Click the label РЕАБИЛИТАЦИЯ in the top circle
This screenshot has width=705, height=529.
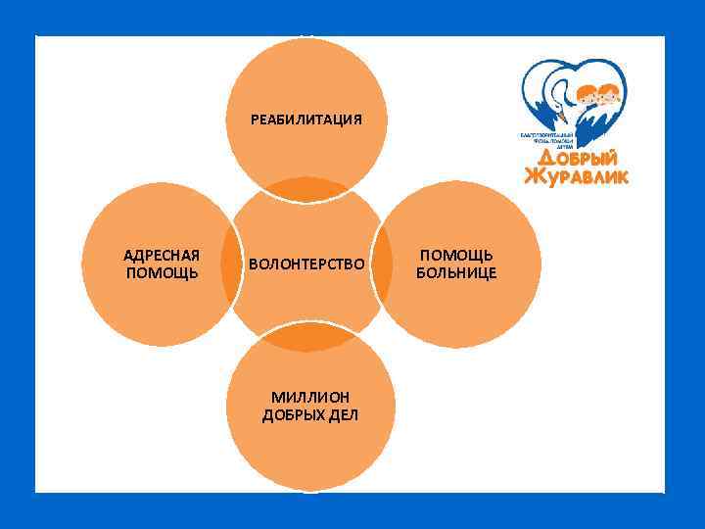306,120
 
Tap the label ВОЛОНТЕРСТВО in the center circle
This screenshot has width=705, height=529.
306,264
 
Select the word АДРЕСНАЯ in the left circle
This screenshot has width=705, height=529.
162,255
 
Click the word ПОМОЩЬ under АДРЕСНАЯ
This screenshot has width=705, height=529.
162,272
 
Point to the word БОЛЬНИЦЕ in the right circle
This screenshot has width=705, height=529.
456,272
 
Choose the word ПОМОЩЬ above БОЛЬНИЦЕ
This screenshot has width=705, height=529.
456,255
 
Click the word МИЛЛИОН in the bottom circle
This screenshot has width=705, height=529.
310,397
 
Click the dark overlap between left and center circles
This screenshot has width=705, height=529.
232,264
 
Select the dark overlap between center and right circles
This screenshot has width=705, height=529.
380,264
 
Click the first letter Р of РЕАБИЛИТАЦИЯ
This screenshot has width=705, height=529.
255,120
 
